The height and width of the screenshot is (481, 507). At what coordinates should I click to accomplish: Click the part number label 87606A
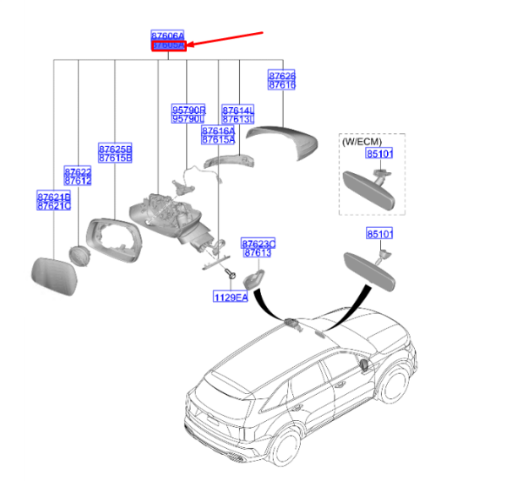click(x=167, y=36)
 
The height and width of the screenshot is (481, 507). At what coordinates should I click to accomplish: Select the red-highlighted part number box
click(x=167, y=46)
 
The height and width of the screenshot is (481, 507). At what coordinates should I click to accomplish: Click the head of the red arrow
click(x=189, y=46)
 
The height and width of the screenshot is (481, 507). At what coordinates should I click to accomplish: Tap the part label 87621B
click(x=54, y=196)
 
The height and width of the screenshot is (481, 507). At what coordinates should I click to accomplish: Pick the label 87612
click(x=78, y=181)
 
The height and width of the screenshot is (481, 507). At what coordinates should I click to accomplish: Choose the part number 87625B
click(x=114, y=149)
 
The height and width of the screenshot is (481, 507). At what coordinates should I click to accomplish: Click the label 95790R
click(x=188, y=110)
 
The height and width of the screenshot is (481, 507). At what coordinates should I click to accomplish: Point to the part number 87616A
click(x=218, y=131)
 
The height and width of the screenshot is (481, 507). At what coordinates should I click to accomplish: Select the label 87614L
click(x=238, y=110)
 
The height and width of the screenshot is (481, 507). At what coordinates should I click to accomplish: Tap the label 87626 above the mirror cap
click(x=281, y=75)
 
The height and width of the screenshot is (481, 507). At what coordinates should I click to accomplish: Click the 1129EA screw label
click(x=230, y=297)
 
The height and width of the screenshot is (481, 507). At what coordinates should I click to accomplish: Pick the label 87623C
click(x=259, y=243)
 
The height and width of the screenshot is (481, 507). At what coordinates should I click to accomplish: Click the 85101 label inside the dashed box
click(x=379, y=154)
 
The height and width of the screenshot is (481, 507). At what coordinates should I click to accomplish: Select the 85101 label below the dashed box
click(x=379, y=232)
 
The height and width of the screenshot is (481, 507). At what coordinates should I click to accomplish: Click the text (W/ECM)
click(x=361, y=142)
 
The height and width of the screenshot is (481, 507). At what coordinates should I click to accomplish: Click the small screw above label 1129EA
click(x=230, y=275)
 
